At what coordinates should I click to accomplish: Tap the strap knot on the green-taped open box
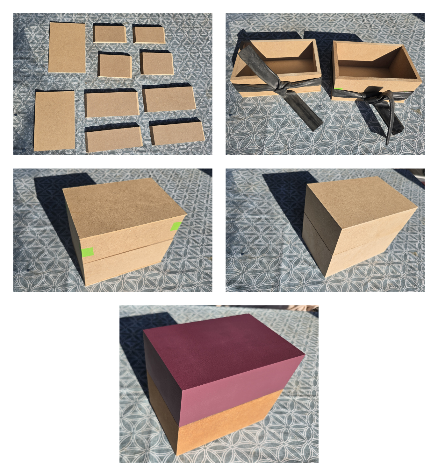click(371, 97)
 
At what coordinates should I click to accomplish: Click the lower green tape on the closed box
click(87, 252)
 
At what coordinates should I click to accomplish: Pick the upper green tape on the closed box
click(176, 226)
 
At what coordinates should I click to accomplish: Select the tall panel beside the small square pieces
click(67, 47)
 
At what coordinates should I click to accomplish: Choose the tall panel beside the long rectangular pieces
click(54, 120)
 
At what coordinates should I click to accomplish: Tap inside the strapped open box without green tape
click(280, 64)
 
